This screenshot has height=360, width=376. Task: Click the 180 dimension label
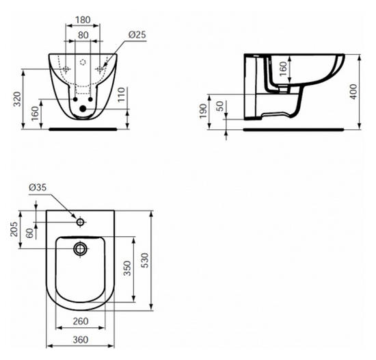[83, 20]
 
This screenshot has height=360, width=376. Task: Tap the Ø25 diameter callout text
[137, 34]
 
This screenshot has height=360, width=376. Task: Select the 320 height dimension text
[17, 99]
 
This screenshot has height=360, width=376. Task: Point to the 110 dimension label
[122, 94]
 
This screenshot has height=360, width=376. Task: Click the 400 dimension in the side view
[353, 92]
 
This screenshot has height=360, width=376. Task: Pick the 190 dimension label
[203, 111]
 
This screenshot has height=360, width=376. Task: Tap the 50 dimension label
[220, 106]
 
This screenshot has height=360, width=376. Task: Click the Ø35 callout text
[38, 188]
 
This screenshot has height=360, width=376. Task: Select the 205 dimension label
[14, 229]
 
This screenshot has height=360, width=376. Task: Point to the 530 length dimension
[145, 260]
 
